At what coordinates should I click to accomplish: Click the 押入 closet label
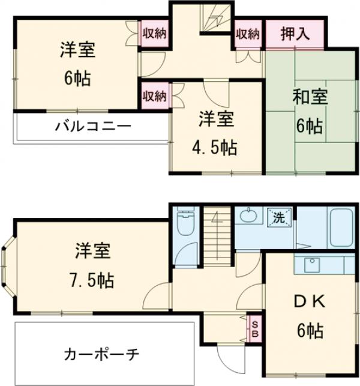click(296, 34)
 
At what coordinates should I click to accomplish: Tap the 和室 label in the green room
click(308, 96)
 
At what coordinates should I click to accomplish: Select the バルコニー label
click(93, 127)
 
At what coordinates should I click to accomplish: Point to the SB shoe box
click(254, 327)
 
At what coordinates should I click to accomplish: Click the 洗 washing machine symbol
click(280, 217)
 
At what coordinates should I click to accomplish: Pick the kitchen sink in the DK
click(312, 264)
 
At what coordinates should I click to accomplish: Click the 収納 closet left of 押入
click(247, 34)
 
